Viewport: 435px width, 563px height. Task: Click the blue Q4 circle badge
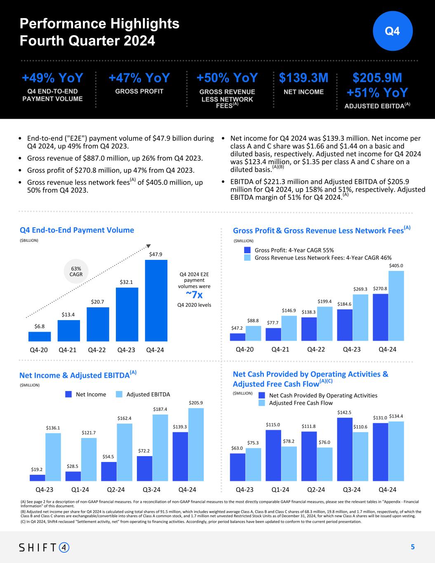point(393,31)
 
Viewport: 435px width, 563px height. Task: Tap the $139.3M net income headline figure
point(304,78)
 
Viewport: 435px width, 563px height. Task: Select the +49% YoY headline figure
point(52,78)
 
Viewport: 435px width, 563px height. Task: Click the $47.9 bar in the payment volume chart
point(156,300)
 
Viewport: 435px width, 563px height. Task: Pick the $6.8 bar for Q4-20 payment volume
point(40,337)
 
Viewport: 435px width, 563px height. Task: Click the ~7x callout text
point(194,295)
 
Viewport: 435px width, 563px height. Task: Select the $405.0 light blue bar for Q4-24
point(396,306)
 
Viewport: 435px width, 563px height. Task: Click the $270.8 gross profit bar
point(380,317)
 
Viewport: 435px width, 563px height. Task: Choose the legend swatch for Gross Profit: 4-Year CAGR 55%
point(247,250)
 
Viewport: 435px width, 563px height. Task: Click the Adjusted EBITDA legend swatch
point(119,394)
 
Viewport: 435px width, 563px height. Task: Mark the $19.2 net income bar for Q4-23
point(37,478)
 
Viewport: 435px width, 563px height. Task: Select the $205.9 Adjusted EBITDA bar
point(196,444)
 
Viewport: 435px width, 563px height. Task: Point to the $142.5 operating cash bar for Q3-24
point(345,449)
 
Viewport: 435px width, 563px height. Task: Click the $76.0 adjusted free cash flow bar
point(324,464)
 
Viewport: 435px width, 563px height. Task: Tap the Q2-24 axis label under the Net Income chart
point(116,490)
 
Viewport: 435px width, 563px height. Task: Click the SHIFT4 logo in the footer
point(45,547)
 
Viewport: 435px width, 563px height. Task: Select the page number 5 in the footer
point(412,547)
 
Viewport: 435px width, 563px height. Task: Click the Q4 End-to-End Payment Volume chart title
point(77,230)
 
